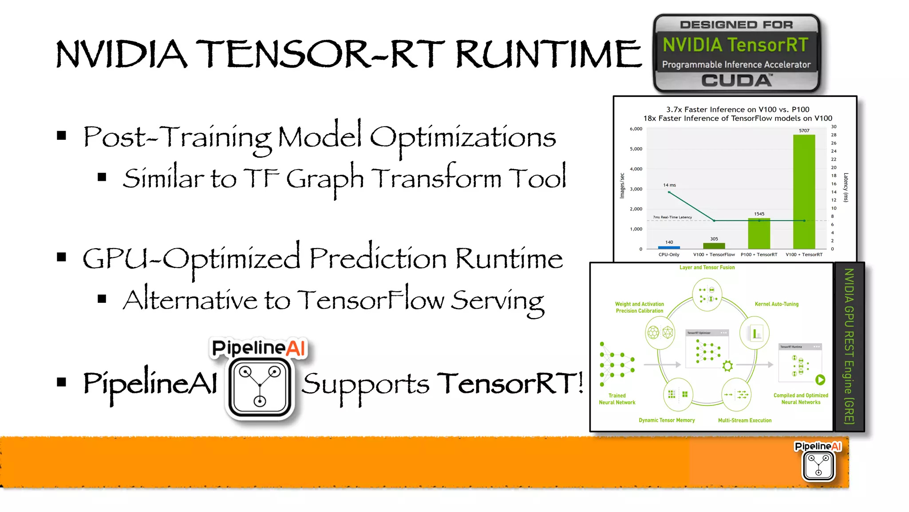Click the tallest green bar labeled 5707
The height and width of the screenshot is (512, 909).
click(804, 191)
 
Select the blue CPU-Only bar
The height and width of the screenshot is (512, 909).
click(669, 247)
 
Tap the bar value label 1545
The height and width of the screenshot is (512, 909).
click(759, 214)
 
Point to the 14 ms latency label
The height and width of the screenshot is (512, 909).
click(669, 185)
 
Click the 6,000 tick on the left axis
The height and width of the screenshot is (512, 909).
click(636, 129)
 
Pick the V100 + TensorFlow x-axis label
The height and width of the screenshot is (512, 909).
click(714, 255)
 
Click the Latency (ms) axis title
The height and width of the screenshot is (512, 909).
click(846, 187)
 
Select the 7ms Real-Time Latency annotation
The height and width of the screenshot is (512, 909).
click(672, 217)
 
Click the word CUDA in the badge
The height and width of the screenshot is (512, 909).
click(736, 81)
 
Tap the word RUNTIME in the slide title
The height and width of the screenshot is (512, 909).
click(549, 54)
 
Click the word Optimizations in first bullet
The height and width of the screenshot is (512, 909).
click(462, 138)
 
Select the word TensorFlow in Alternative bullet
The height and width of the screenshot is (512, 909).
click(371, 300)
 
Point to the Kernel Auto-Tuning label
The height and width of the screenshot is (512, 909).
click(776, 304)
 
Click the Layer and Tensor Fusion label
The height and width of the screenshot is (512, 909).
click(707, 268)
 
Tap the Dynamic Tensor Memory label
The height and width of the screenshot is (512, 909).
click(667, 421)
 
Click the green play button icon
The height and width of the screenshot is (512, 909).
click(820, 380)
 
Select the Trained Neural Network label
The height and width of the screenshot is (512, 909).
click(617, 399)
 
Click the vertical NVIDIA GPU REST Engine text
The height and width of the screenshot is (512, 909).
click(849, 346)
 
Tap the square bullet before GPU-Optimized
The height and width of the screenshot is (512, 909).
click(62, 257)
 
